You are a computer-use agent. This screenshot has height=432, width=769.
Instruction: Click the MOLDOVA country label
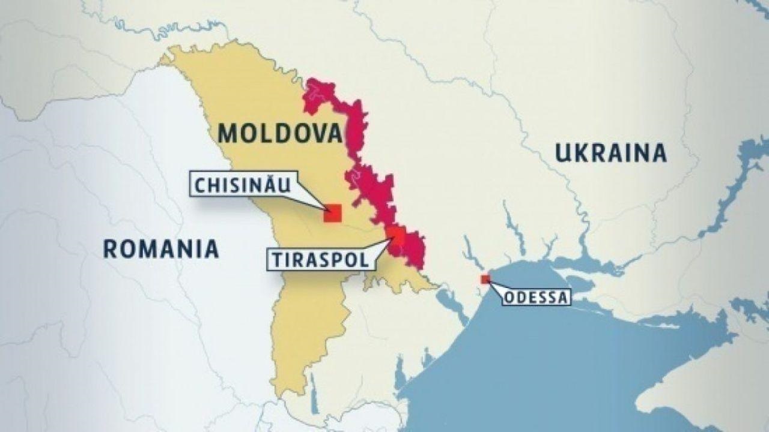[x=279, y=133]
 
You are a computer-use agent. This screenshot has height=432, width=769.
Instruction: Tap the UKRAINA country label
[x=610, y=153]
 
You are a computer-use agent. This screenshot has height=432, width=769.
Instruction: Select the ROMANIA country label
[x=160, y=248]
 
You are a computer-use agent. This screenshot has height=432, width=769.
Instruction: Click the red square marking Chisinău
[x=332, y=214]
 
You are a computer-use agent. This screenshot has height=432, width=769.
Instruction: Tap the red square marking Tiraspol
[x=395, y=236]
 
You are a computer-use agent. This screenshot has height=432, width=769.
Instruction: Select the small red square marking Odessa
[x=485, y=279]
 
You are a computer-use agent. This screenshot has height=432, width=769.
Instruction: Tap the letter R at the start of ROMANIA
[x=110, y=248]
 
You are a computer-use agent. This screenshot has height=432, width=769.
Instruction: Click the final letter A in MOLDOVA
[x=332, y=133]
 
